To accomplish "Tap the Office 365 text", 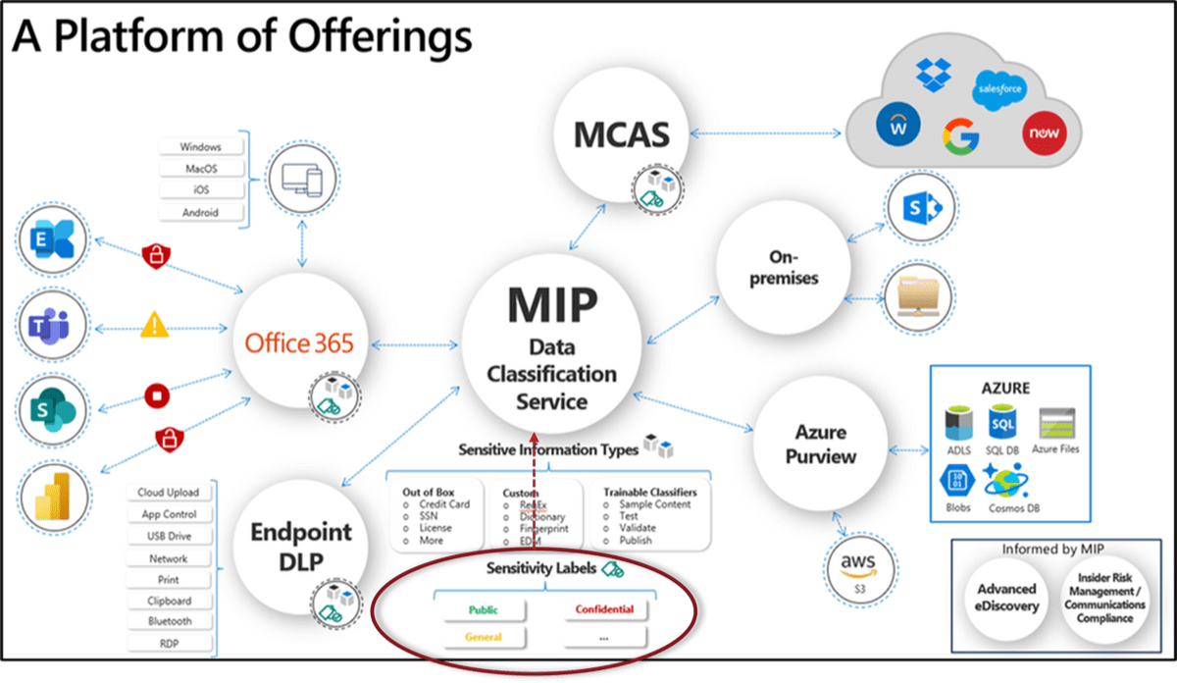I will coord(299,344).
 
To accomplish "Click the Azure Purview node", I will coord(819,444).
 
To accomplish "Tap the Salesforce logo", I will coord(999,89).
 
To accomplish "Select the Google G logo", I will coord(960,135).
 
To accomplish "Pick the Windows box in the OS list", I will coord(200,146).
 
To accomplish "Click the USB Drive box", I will coord(168,537).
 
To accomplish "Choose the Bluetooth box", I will coord(170,621).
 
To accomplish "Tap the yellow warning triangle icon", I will coord(155,323).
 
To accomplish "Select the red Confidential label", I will coord(604,609).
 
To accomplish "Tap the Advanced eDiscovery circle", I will coord(1005,597).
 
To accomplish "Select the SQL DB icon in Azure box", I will coord(1002,423).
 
